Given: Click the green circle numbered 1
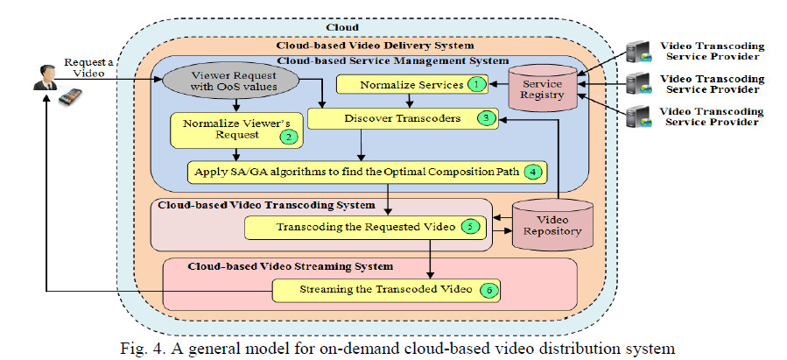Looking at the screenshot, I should point(475,85).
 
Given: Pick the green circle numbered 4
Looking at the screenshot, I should point(532,171).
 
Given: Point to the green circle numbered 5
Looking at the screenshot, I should point(470,227).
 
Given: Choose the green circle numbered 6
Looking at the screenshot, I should point(492,290).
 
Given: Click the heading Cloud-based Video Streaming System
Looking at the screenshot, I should point(291,265).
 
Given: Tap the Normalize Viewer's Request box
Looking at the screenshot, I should point(232,130).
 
